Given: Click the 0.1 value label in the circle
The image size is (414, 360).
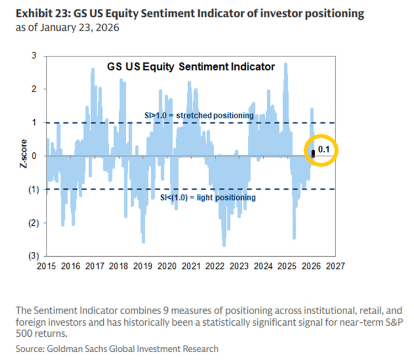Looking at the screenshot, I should point(324,150).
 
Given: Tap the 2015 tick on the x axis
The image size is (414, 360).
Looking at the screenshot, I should point(47,266).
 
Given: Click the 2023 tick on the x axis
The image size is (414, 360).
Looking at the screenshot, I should point(239,266).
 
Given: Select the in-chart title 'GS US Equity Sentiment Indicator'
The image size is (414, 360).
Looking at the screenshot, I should point(183,67).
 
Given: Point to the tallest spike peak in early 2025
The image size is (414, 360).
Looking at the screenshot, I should point(285,63).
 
